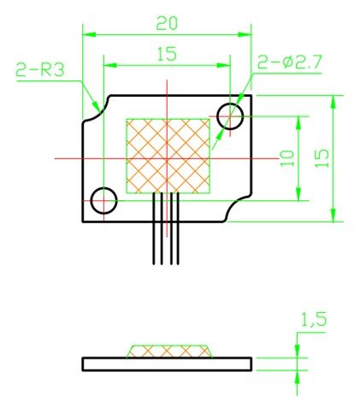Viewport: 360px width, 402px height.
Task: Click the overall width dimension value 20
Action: tap(168, 22)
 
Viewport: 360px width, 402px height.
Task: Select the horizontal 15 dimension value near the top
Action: tap(167, 55)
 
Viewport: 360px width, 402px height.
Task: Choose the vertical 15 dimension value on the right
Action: tap(322, 157)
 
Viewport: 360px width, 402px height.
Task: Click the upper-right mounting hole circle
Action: tap(231, 115)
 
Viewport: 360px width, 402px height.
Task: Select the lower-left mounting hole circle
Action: tap(103, 200)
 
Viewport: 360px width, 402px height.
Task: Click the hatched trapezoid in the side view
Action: tap(168, 351)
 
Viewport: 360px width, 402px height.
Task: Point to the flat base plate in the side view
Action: tap(168, 364)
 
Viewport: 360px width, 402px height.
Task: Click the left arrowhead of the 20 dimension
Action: tap(86, 35)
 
